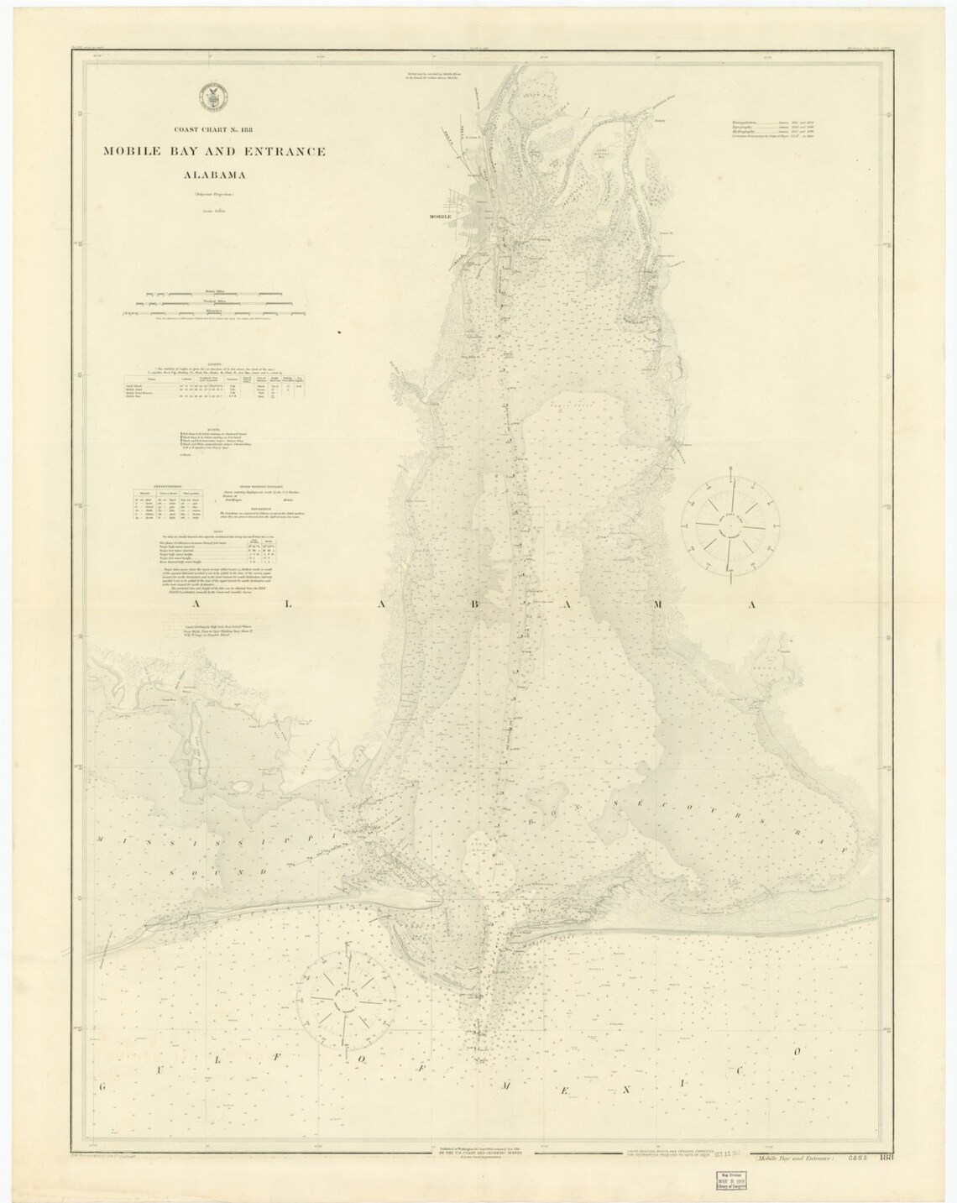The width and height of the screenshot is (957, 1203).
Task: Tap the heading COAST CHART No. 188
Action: coord(214,129)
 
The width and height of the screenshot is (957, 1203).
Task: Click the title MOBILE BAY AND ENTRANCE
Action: coord(214,152)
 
